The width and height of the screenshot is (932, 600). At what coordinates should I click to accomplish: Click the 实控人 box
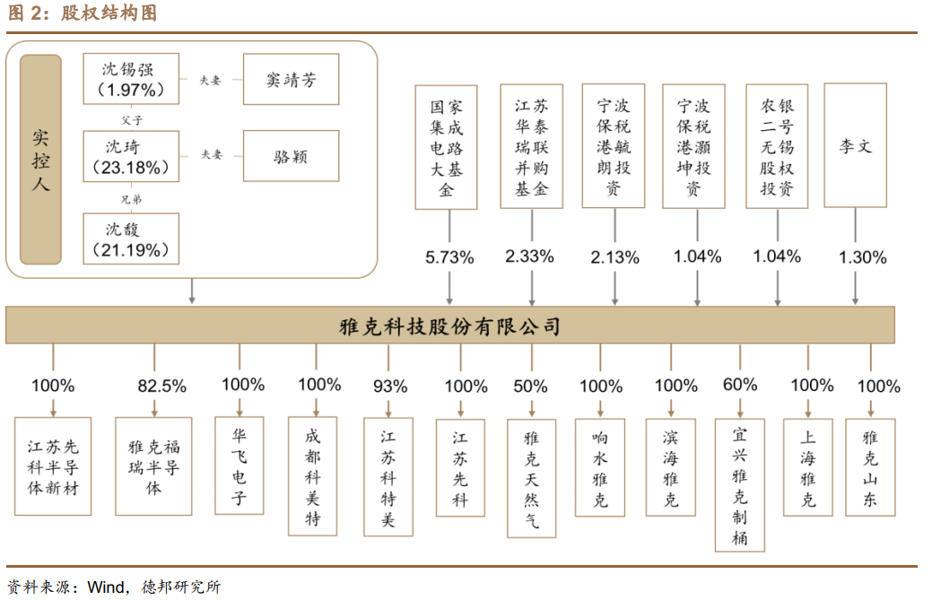(40, 160)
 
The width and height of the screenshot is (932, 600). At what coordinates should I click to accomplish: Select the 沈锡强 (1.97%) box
(131, 79)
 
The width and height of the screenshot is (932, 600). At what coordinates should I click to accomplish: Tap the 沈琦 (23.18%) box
(131, 156)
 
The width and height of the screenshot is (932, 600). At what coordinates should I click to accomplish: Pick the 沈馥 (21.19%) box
(131, 239)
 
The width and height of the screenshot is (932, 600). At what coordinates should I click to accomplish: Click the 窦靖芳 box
(291, 79)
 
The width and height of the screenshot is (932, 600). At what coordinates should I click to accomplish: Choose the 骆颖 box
(291, 155)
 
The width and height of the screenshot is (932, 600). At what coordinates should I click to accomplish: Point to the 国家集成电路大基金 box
(447, 147)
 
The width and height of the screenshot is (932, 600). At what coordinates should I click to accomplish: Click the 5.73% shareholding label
(449, 257)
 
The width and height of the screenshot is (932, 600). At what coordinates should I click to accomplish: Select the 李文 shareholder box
(855, 145)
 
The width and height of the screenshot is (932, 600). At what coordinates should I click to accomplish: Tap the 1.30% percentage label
(862, 257)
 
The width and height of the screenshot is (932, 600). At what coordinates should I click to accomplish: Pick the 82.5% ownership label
(161, 387)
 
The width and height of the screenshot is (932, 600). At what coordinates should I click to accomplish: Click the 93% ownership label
(389, 387)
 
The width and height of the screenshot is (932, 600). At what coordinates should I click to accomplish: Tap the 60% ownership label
(740, 385)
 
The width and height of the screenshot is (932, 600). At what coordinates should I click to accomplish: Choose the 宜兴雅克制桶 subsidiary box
(740, 484)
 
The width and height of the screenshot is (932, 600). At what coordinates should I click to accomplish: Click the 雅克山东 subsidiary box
(870, 465)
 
